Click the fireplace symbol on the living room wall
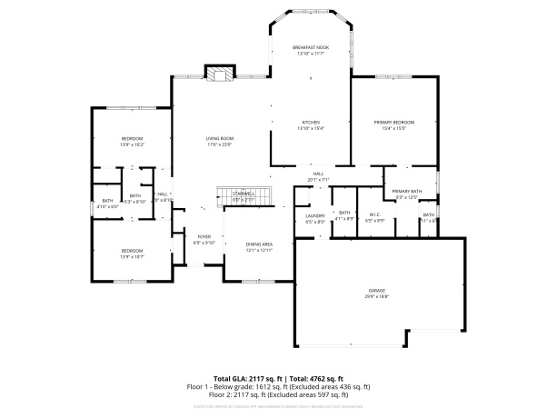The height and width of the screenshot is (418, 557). [218, 75]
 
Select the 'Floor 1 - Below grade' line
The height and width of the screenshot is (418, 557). [278, 386]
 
